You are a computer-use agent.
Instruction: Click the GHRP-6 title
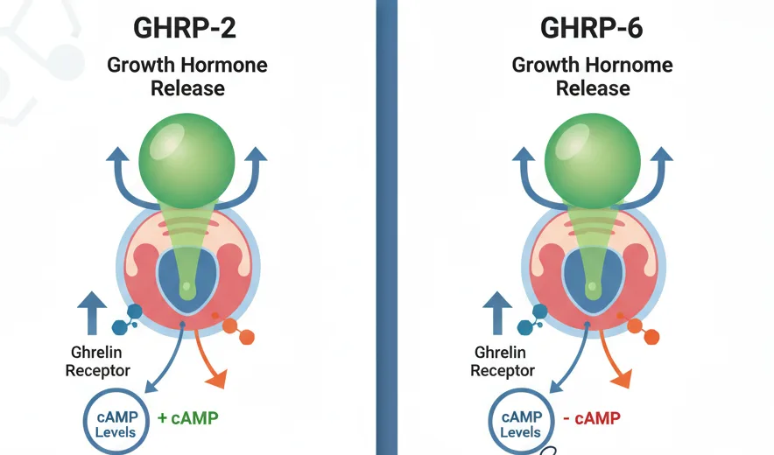coord(593,29)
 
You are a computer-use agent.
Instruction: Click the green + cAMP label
coord(188,418)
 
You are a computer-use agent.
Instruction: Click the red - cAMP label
coord(592,418)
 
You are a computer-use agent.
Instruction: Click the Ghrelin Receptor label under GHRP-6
coord(503,360)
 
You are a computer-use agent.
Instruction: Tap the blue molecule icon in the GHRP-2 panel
coord(129,319)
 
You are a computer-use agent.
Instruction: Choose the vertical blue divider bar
coord(387,227)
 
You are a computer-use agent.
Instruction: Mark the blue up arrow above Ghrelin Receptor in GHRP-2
coord(92,311)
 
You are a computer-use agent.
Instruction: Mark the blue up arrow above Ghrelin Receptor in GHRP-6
coord(497,311)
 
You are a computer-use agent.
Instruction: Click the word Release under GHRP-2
coord(187,88)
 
